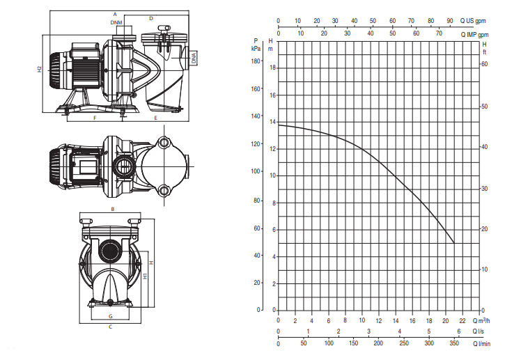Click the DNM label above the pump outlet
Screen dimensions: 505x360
[116, 22]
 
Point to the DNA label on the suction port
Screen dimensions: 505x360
[194, 58]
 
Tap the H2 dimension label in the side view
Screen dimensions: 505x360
[39, 69]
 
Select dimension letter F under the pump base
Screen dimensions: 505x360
[95, 118]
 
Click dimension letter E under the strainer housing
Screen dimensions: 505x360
[155, 118]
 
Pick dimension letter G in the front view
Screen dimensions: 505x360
[111, 316]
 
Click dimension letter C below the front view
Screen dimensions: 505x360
[111, 327]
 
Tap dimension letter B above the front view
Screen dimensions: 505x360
[113, 210]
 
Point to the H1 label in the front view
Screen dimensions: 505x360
[146, 276]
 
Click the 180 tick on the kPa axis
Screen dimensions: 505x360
[256, 61]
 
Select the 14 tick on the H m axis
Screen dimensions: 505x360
[273, 122]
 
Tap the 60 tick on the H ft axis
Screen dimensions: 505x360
[484, 64]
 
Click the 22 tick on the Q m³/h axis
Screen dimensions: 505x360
[463, 321]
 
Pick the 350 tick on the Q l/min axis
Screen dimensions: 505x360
[454, 343]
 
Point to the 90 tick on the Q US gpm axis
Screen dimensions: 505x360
[450, 21]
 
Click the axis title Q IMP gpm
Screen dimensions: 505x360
[474, 35]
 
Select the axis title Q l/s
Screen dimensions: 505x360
[479, 331]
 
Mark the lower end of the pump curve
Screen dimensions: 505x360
[454, 243]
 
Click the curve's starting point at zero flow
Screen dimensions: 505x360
[279, 125]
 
